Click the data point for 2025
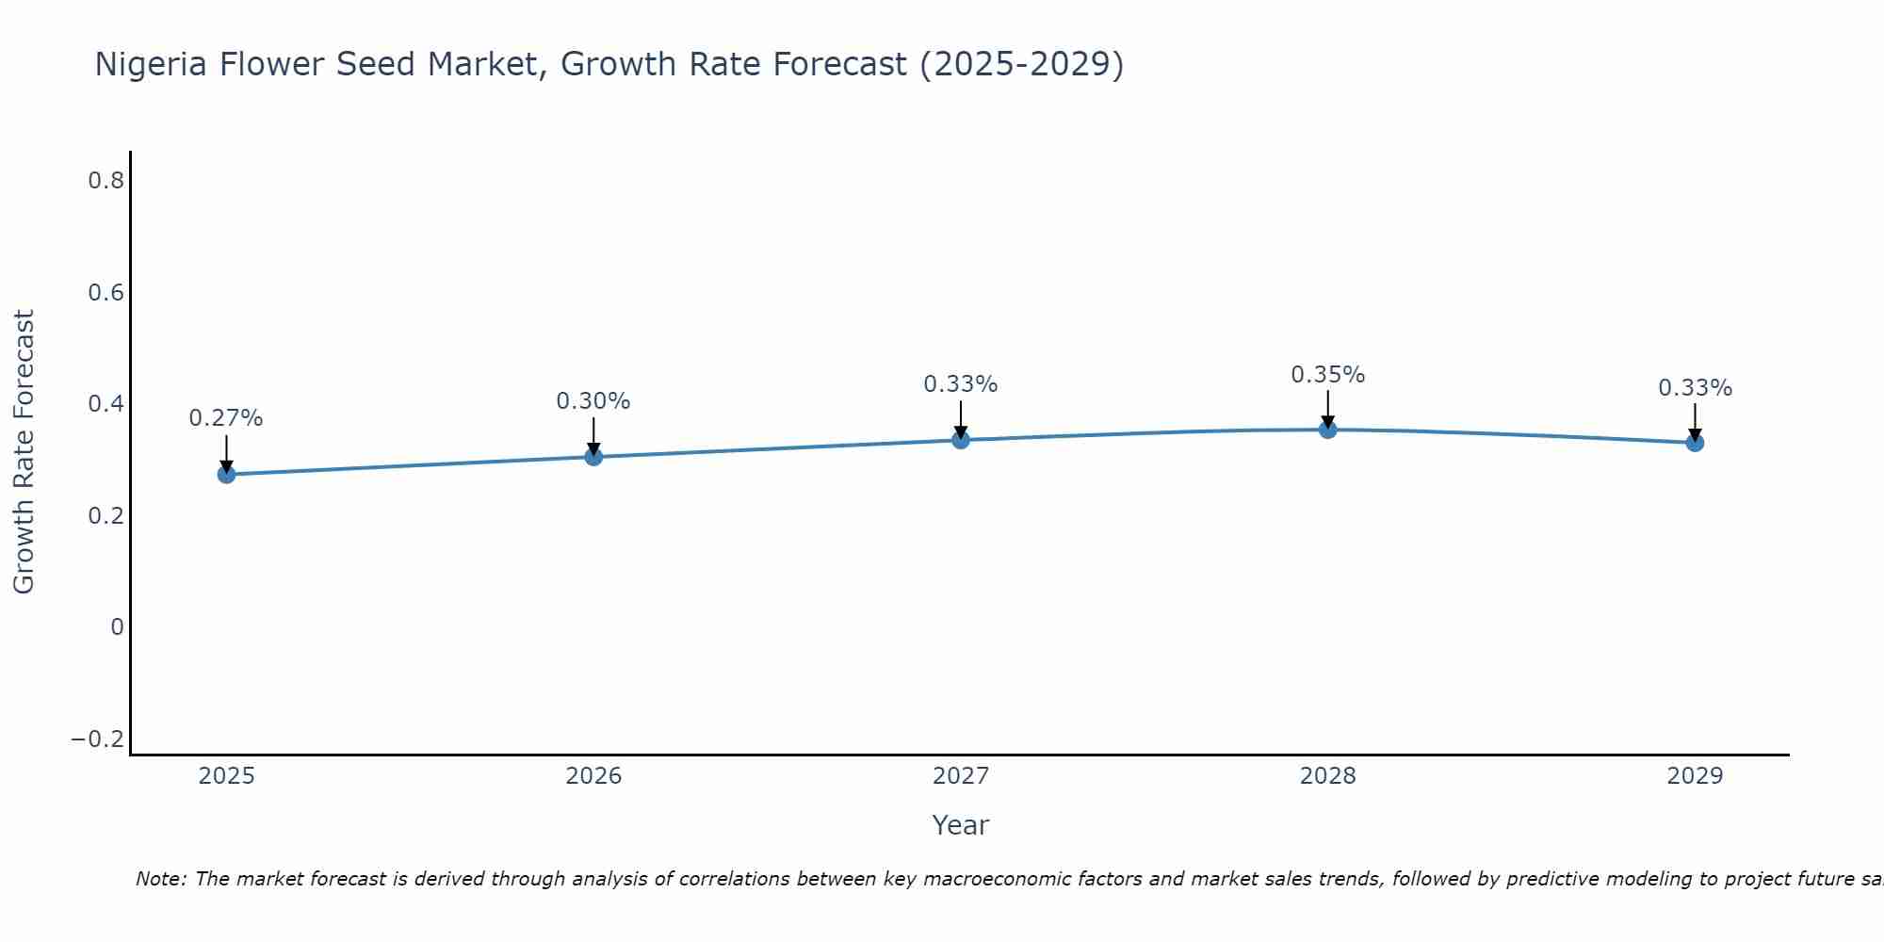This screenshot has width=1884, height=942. (x=226, y=474)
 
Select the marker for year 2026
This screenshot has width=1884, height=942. (x=593, y=457)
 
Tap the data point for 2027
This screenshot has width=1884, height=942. (x=961, y=440)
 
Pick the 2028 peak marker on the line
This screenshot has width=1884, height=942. (x=1327, y=430)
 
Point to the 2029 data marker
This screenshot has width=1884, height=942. (x=1695, y=443)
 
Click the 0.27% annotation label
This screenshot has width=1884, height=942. (x=226, y=418)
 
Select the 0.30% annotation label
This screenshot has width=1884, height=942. (x=593, y=401)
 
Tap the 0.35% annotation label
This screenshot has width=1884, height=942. (x=1327, y=375)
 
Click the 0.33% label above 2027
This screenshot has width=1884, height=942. (x=961, y=384)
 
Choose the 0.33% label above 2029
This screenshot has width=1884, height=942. (x=1695, y=388)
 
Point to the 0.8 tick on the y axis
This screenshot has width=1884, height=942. (x=106, y=181)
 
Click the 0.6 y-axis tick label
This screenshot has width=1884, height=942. (x=106, y=293)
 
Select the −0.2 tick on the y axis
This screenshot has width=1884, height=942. (x=98, y=739)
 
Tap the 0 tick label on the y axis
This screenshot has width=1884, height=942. (x=117, y=627)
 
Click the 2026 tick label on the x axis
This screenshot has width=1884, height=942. (x=593, y=776)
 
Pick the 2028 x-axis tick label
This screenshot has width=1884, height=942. (x=1327, y=776)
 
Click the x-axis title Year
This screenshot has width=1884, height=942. (x=960, y=825)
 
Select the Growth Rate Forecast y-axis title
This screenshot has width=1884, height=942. (x=24, y=452)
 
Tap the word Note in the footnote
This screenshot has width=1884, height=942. (x=160, y=879)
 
